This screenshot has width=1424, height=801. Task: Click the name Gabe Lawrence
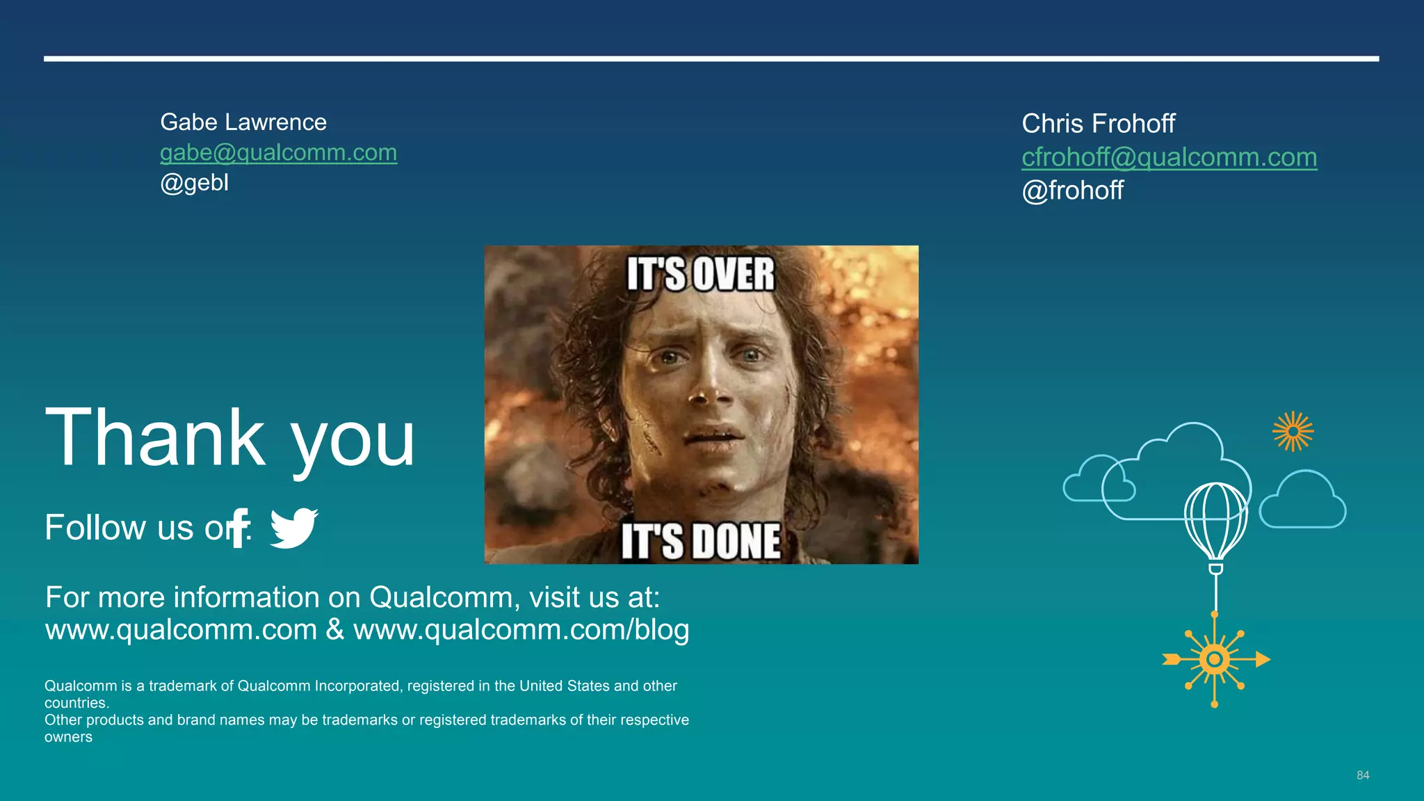click(243, 122)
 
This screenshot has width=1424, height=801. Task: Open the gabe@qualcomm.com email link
click(278, 152)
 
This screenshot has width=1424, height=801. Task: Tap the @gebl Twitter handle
click(194, 182)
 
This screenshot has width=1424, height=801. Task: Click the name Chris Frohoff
click(1098, 124)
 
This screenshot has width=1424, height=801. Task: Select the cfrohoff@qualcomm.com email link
click(1169, 157)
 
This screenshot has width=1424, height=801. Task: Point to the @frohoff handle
click(1072, 191)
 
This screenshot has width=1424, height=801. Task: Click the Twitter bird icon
click(293, 528)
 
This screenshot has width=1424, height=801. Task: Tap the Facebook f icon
click(239, 528)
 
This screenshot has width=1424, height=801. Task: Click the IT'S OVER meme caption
click(700, 274)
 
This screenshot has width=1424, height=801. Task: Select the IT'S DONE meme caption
click(700, 541)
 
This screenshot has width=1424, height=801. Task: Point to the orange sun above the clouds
click(1293, 432)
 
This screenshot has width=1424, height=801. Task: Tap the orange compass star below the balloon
click(1215, 659)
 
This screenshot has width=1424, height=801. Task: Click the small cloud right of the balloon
click(1302, 502)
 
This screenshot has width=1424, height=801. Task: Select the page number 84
click(1363, 775)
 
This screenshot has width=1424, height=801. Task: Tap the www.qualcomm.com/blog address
click(521, 630)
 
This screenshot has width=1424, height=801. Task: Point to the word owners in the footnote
click(68, 738)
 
